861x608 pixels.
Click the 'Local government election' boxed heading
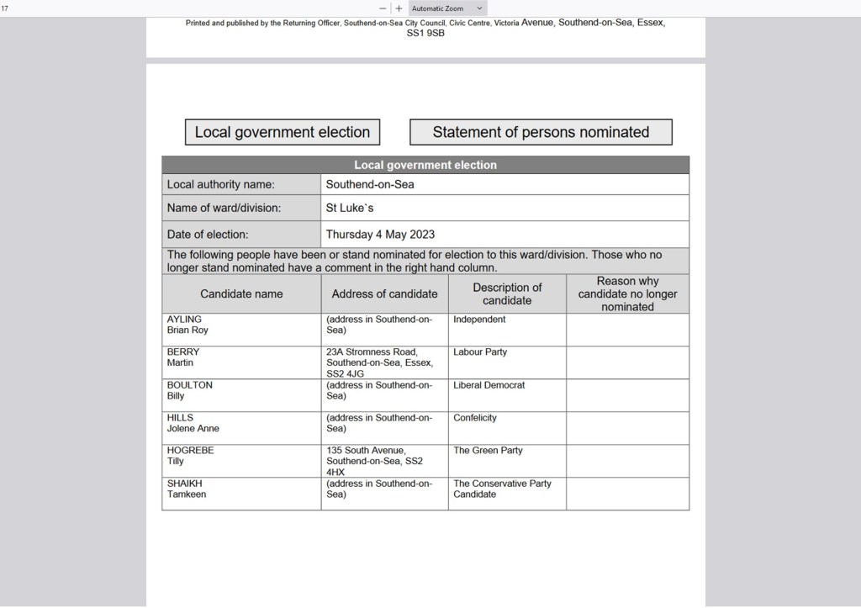tap(283, 132)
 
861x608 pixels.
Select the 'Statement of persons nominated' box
tap(541, 132)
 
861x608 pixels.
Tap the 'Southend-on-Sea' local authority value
tap(370, 184)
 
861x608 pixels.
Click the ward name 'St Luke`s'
tap(350, 208)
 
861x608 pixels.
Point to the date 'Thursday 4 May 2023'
tap(380, 235)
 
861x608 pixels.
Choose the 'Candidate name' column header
tap(241, 293)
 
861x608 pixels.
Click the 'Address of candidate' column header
tap(384, 293)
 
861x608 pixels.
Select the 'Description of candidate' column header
tap(507, 293)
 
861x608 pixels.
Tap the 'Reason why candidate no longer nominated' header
tap(627, 293)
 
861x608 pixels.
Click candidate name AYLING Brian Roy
tap(188, 325)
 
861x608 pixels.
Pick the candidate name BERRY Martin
tap(183, 357)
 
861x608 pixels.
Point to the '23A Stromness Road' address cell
tap(379, 362)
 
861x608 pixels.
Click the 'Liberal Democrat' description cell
tap(489, 385)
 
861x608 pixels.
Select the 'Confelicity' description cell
tap(475, 418)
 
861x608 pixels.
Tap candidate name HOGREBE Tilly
tap(190, 456)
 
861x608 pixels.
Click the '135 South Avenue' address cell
tap(374, 461)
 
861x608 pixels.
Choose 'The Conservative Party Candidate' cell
tap(502, 489)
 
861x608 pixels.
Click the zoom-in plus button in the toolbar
tap(399, 8)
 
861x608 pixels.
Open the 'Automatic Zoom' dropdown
tap(446, 8)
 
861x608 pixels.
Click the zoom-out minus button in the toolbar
tap(383, 8)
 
